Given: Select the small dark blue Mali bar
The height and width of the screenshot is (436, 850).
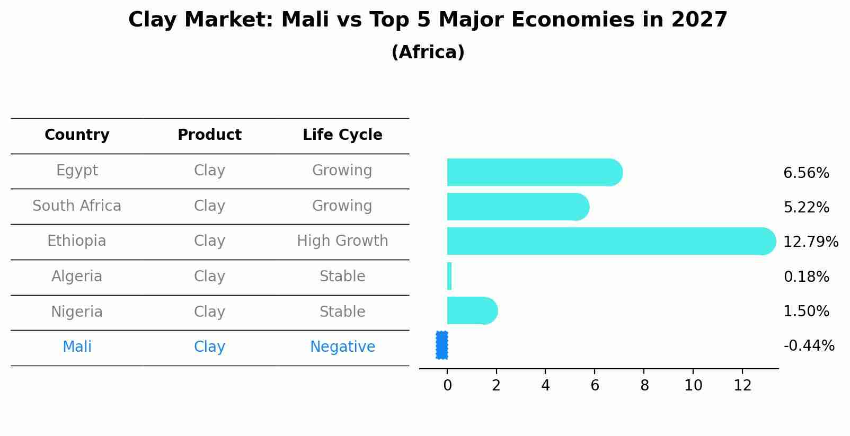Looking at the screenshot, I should click(x=442, y=345).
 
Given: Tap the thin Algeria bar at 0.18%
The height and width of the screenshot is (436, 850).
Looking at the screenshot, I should click(x=449, y=276).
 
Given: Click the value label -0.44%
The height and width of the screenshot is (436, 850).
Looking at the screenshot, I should click(x=809, y=346).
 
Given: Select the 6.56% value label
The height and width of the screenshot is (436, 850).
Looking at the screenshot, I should click(x=806, y=173).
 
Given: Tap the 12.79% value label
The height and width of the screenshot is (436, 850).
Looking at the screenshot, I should click(x=810, y=242).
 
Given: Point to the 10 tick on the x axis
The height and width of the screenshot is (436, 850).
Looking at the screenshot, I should click(x=693, y=386).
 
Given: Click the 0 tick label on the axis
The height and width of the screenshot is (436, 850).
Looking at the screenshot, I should click(x=447, y=386).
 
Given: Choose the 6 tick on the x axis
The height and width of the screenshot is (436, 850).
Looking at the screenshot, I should click(x=595, y=386).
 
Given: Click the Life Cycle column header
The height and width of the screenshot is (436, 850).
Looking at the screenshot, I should click(x=342, y=135).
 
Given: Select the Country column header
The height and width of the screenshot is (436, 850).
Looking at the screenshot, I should click(x=77, y=135).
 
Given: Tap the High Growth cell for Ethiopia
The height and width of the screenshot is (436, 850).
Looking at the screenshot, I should click(x=342, y=241).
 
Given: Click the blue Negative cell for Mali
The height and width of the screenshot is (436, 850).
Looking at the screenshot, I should click(x=342, y=347).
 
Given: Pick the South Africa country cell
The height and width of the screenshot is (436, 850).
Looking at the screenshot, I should click(x=77, y=206).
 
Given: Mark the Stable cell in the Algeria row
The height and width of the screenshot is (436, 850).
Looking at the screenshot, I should click(x=342, y=277).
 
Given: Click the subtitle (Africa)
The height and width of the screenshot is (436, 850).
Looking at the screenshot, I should click(x=428, y=52).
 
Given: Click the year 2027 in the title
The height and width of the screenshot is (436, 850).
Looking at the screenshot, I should click(x=699, y=20).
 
